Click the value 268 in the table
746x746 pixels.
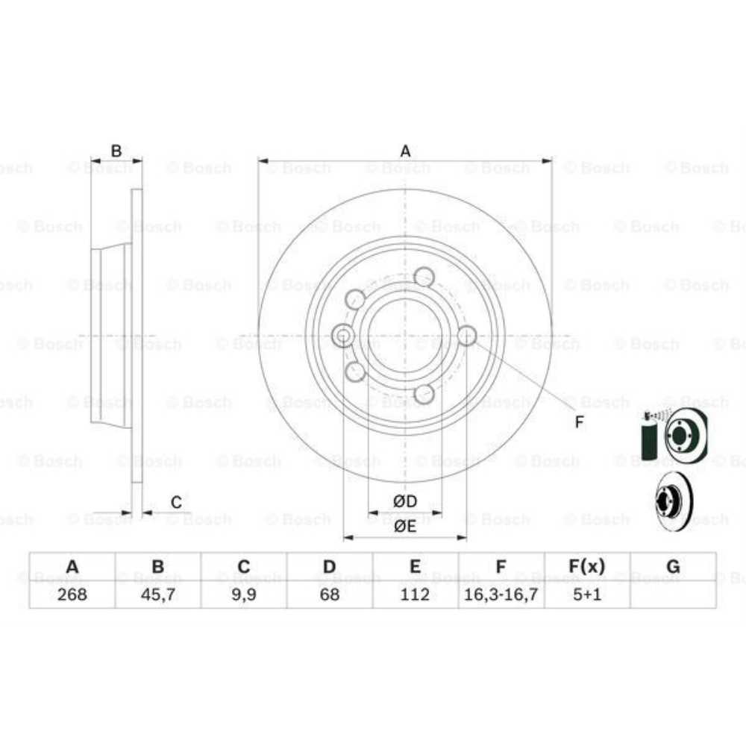pos(72,595)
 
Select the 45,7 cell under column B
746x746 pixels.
pos(157,595)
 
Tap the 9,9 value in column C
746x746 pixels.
pos(243,595)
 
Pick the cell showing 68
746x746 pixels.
pos(329,595)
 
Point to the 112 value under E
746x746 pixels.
pos(415,595)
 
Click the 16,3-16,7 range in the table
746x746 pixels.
pos(501,595)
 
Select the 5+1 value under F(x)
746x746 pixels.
pos(587,595)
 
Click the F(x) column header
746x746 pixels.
pos(587,567)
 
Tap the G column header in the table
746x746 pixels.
pos(673,567)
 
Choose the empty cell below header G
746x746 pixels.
pos(673,595)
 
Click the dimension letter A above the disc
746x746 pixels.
pos(405,151)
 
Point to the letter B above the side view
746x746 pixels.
pos(116,151)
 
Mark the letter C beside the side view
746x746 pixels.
pos(176,503)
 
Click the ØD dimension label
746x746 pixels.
pos(405,501)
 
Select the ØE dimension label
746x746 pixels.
pos(405,526)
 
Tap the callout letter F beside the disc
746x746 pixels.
pos(580,423)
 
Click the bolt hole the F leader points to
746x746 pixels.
pos(466,336)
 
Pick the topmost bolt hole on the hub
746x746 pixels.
pos(424,278)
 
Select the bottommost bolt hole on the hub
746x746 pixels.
pos(424,394)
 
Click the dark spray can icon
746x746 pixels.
pos(649,440)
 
